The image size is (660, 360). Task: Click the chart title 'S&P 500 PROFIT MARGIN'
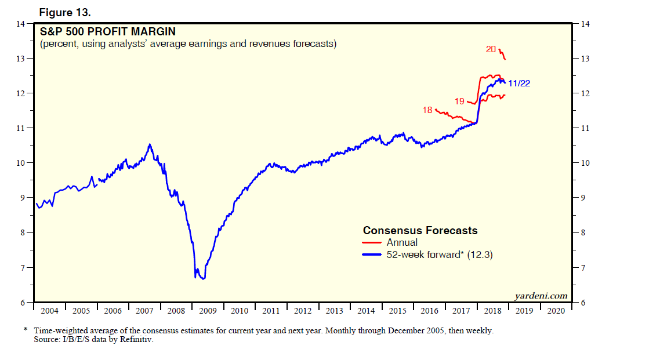(x=107, y=31)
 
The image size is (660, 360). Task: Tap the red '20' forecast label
(x=491, y=49)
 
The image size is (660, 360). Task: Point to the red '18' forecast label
(x=427, y=110)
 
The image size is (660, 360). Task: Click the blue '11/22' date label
(x=518, y=83)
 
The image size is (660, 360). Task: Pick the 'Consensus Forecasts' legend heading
(x=420, y=231)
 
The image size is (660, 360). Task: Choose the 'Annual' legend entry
(x=402, y=243)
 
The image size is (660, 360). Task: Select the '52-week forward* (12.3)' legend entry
(x=439, y=254)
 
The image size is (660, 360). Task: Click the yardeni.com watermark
(x=541, y=296)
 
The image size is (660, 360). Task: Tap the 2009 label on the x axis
(x=208, y=311)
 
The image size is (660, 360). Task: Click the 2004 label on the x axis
(x=49, y=311)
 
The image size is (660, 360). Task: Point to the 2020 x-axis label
(x=556, y=311)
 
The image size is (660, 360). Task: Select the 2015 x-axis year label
(x=397, y=311)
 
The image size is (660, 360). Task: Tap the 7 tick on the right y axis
(x=583, y=268)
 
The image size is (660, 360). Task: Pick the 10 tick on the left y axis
(x=21, y=163)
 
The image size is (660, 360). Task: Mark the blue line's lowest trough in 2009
(x=202, y=279)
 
